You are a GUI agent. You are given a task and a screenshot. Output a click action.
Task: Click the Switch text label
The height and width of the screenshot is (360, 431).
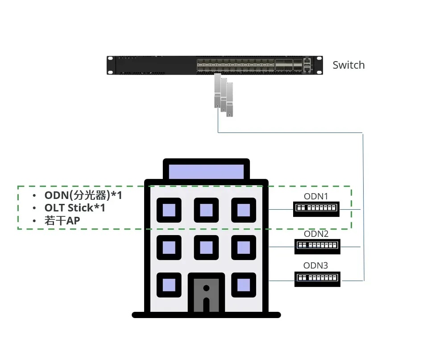point(348,65)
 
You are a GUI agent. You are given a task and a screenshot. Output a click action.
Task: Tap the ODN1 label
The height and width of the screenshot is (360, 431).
point(316,196)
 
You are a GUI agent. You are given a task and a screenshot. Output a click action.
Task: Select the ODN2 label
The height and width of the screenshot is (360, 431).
point(316,234)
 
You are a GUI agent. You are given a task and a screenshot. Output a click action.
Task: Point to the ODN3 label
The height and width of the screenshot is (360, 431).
point(316,265)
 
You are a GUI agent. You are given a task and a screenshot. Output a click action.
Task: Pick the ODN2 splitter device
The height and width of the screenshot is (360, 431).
point(317,245)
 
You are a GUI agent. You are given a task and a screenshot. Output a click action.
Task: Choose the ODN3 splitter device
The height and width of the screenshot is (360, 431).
point(317,277)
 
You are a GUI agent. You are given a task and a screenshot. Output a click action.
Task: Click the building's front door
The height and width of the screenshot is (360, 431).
point(206,294)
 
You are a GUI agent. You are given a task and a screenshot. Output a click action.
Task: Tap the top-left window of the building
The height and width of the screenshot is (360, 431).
point(169,210)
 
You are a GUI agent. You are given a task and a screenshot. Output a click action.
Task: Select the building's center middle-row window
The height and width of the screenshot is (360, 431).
point(206,247)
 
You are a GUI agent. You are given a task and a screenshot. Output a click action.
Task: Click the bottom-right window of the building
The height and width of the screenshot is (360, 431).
point(244,285)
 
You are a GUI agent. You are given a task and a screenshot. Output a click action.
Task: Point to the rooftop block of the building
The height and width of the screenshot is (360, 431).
point(206,171)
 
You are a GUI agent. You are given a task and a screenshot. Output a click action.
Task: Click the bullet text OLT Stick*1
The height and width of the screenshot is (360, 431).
point(75,207)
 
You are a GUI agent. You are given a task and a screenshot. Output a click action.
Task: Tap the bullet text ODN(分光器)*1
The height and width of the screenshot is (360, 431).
point(83,195)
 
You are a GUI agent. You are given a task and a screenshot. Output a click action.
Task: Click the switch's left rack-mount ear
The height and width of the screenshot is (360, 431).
point(110,65)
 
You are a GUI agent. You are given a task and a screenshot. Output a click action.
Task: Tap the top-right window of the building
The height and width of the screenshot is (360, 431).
point(244,210)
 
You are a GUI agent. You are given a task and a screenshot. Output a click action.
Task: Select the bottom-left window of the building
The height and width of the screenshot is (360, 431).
point(169,285)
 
